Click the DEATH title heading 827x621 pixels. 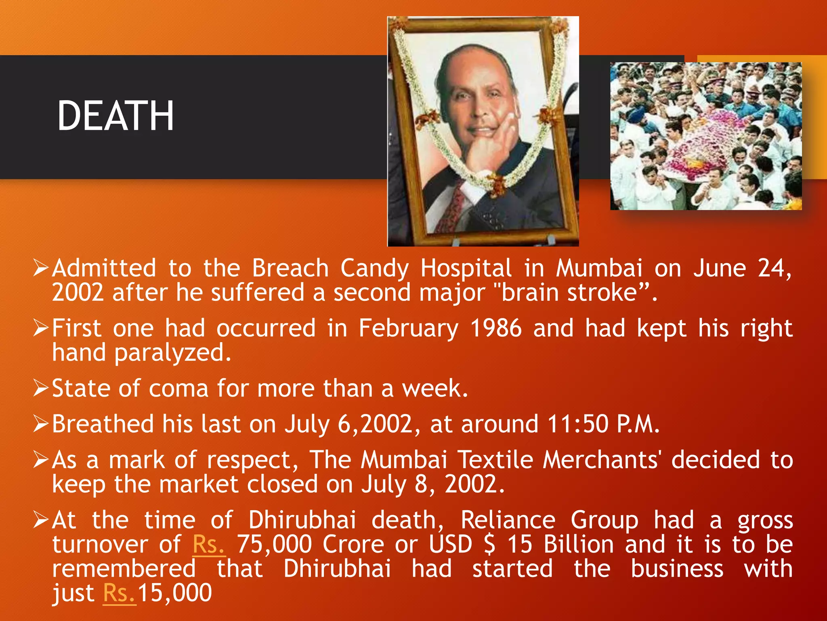(x=115, y=116)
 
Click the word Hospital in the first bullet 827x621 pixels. (x=466, y=268)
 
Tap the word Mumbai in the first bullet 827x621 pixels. (x=599, y=268)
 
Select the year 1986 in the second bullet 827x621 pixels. (x=496, y=328)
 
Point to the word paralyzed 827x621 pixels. (x=173, y=353)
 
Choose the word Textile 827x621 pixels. (x=495, y=460)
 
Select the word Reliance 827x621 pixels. (x=508, y=520)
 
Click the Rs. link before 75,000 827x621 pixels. (x=208, y=544)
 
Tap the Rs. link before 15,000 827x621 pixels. (x=119, y=593)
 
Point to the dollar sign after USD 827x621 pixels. (x=489, y=544)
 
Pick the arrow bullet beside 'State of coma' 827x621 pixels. (x=41, y=389)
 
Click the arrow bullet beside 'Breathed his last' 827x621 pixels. (x=41, y=424)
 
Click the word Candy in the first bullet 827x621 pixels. (x=374, y=269)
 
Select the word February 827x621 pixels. (x=409, y=329)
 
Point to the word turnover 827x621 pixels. (x=100, y=544)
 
